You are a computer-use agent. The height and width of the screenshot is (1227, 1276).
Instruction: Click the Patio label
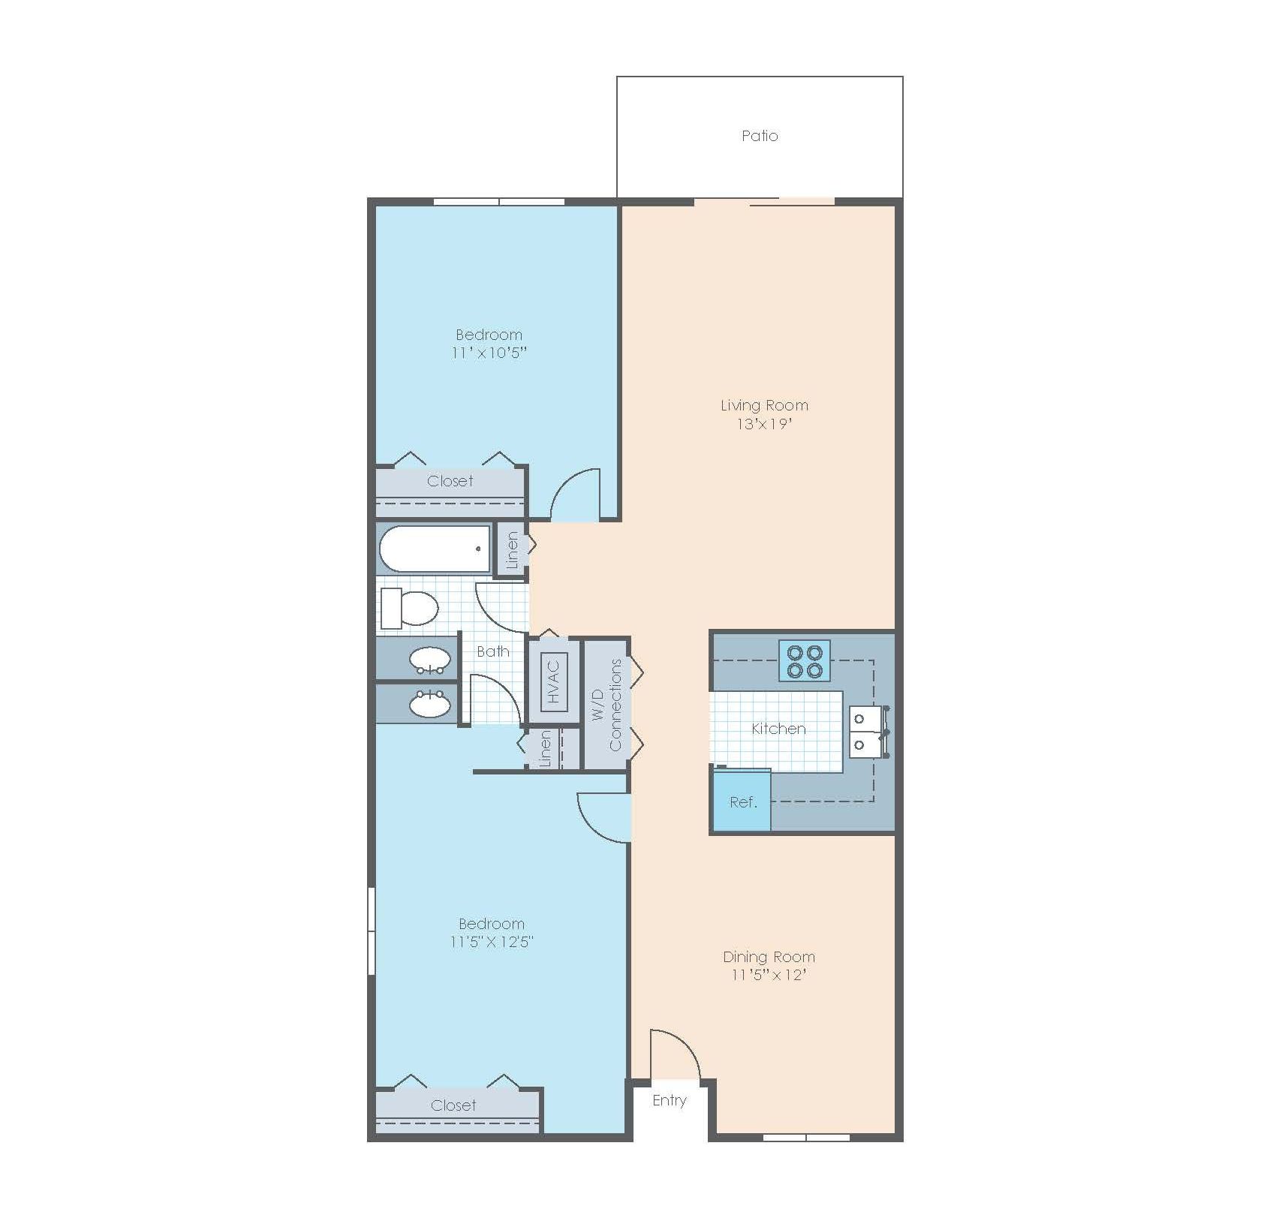pos(760,136)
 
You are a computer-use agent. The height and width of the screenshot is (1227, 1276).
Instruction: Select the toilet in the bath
pos(409,608)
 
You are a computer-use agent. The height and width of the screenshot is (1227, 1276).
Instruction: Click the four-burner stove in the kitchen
pos(805,660)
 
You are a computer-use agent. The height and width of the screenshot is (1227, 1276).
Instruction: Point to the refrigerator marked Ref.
pos(742,801)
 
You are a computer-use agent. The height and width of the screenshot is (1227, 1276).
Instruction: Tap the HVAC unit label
pos(554,681)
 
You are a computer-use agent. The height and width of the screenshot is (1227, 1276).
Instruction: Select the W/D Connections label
pos(607,705)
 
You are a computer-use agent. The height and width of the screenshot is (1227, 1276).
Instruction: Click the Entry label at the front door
pos(669,1100)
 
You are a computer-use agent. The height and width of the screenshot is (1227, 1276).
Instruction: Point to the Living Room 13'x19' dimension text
pos(764,424)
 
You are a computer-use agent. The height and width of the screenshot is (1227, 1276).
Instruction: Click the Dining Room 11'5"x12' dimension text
pos(769,975)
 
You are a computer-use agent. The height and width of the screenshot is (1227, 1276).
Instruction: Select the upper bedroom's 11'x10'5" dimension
pos(489,353)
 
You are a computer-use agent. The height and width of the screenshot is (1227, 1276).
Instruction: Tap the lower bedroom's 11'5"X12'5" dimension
pos(492,942)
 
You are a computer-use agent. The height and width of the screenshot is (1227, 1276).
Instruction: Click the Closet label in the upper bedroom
pos(450,481)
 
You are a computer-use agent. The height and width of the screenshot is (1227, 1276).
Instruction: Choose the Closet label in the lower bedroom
pos(453,1105)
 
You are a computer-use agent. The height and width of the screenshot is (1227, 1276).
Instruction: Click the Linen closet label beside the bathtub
pos(513,549)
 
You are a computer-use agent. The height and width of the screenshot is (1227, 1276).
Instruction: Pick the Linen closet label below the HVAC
pos(546,748)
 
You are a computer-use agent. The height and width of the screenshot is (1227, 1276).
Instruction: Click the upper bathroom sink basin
pos(430,659)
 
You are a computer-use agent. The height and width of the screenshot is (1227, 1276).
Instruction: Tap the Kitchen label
pos(778,728)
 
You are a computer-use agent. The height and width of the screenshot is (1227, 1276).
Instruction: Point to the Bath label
pos(493,651)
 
